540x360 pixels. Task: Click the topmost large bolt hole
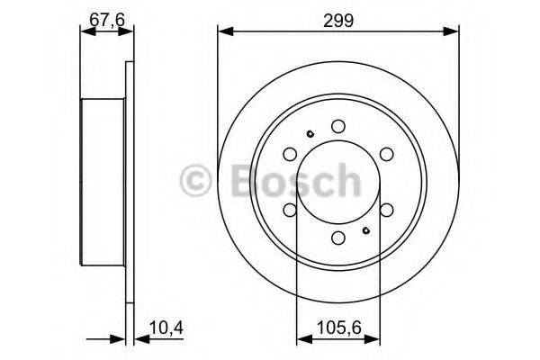pos(338,127)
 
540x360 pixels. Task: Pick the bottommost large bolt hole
pos(338,238)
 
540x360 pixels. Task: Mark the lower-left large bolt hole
pos(291,210)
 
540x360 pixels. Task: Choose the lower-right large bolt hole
pos(386,210)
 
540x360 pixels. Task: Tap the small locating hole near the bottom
pos(366,230)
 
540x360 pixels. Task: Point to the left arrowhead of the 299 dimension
pos(222,33)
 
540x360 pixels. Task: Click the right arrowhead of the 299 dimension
pos(454,33)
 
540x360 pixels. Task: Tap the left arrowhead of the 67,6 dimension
pos(85,33)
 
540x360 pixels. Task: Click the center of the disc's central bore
pos(338,183)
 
